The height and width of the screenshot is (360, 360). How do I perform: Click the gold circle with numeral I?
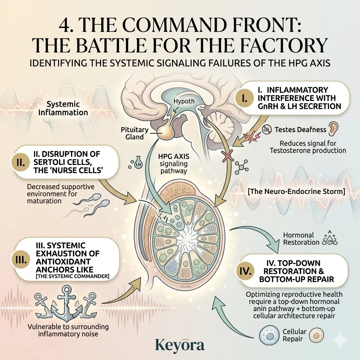[245, 98]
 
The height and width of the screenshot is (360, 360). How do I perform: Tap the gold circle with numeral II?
[20, 162]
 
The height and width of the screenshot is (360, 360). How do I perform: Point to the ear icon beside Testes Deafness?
[333, 129]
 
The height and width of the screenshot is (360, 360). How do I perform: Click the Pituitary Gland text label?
[135, 133]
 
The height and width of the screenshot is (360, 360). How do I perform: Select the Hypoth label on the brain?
[184, 101]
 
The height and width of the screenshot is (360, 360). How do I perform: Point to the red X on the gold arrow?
[227, 156]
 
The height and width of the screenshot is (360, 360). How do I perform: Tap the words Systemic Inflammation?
[63, 108]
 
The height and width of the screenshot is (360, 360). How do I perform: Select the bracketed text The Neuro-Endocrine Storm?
[296, 191]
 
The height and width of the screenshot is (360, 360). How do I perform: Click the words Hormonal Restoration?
[301, 239]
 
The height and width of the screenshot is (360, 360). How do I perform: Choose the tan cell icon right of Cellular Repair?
[316, 335]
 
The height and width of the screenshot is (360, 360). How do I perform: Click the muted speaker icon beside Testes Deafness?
[267, 129]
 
